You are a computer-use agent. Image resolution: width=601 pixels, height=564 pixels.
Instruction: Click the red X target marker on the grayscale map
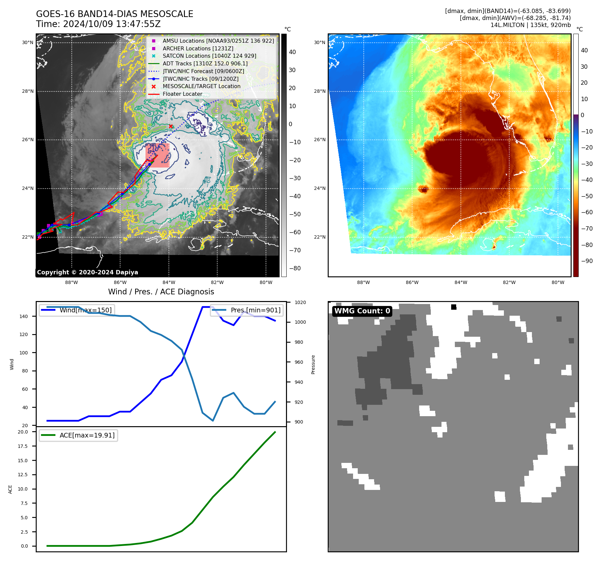(x=171, y=126)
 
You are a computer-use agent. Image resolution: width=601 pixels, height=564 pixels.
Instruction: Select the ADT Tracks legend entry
(x=205, y=63)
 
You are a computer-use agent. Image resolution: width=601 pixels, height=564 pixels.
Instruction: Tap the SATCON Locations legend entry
(x=209, y=56)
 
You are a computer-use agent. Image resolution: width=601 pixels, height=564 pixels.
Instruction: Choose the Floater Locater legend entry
(x=182, y=94)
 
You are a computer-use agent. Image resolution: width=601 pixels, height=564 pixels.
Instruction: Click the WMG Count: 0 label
(x=362, y=311)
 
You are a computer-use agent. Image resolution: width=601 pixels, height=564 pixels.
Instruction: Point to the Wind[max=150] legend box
(x=77, y=310)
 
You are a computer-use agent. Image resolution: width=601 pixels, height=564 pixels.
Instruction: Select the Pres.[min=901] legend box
(x=247, y=310)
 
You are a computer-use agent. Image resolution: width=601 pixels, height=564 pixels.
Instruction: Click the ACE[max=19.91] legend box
(x=78, y=435)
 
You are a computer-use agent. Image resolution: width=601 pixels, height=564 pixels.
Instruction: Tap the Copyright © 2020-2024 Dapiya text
(x=87, y=272)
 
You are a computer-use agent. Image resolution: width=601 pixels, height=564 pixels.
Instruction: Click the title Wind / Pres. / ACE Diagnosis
(x=161, y=292)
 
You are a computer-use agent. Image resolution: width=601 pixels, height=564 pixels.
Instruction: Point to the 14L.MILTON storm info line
(x=530, y=25)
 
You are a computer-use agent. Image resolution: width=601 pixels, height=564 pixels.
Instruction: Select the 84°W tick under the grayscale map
(x=169, y=282)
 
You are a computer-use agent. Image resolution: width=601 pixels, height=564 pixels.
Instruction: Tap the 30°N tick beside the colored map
(x=319, y=42)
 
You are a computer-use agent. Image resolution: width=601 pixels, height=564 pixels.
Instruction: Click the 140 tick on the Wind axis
(x=24, y=316)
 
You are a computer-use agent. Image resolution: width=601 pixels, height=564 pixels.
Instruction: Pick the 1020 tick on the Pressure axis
(x=300, y=302)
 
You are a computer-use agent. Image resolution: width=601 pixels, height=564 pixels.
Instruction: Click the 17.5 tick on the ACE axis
(x=23, y=446)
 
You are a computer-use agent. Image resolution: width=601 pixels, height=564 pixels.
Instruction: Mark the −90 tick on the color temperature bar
(x=587, y=261)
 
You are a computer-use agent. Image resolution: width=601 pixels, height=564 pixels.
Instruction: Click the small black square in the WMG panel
(x=454, y=307)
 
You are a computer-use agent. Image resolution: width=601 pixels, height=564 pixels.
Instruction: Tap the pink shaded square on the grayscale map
(x=158, y=156)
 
